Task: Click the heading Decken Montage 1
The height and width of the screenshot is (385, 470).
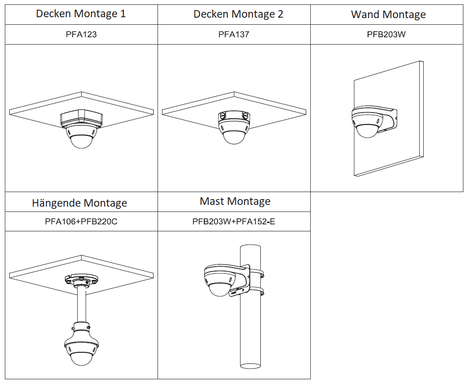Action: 81,14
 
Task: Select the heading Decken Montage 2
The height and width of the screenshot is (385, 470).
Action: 238,14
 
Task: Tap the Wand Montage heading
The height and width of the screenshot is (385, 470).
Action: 388,15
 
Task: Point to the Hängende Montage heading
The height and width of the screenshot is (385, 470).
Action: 79,203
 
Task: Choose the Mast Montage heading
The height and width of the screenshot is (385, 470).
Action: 235,201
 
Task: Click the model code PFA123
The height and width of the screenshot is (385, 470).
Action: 81,34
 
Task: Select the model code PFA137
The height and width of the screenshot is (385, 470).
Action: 234,34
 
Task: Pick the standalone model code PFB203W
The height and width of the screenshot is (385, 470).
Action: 386,34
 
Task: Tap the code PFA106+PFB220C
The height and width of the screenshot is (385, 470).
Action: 81,221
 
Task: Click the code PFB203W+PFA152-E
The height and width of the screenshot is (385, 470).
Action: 233,221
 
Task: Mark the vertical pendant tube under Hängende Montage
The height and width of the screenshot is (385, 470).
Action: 81,305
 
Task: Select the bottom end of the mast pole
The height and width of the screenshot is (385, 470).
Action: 250,364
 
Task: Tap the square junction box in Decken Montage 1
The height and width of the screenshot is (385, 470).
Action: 81,118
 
